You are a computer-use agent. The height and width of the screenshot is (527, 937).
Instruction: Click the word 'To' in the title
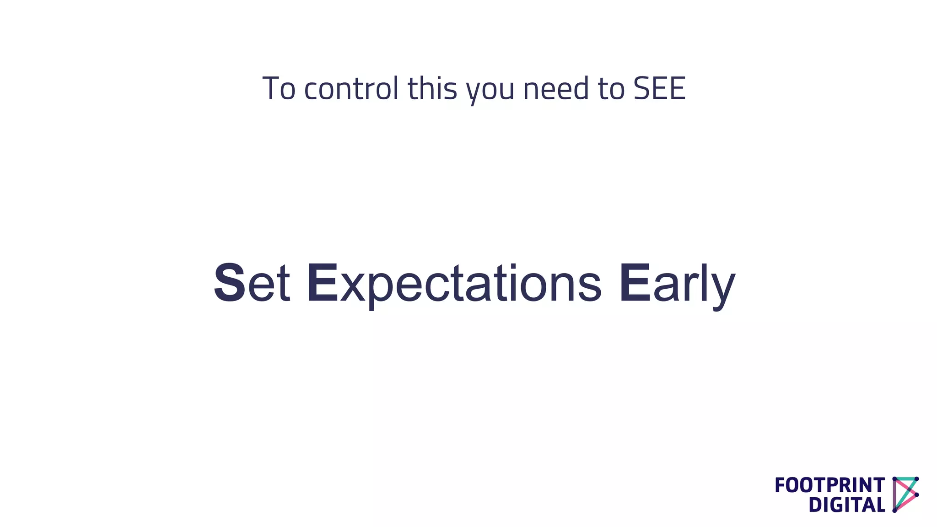point(279,89)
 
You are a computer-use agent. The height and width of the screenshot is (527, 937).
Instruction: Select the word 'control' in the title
point(351,89)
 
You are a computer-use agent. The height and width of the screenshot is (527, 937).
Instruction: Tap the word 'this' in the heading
point(432,89)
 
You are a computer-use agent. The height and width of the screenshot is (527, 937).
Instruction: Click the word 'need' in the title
point(556,89)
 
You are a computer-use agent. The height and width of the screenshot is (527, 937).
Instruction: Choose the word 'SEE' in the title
point(659,89)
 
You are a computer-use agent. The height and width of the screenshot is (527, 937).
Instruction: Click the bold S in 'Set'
point(230,283)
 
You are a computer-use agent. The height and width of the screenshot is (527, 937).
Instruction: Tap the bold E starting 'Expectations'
point(323,283)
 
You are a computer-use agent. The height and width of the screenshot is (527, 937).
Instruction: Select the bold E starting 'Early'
point(635,283)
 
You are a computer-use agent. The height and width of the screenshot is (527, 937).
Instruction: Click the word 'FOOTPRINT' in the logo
point(829,485)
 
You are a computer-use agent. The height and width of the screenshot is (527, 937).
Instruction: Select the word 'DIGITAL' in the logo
point(846,505)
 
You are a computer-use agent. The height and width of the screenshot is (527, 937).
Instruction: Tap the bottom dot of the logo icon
point(895,510)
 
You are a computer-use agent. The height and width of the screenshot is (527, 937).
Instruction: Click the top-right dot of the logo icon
point(916,479)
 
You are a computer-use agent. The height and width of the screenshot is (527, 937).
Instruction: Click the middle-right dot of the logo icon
point(916,495)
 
